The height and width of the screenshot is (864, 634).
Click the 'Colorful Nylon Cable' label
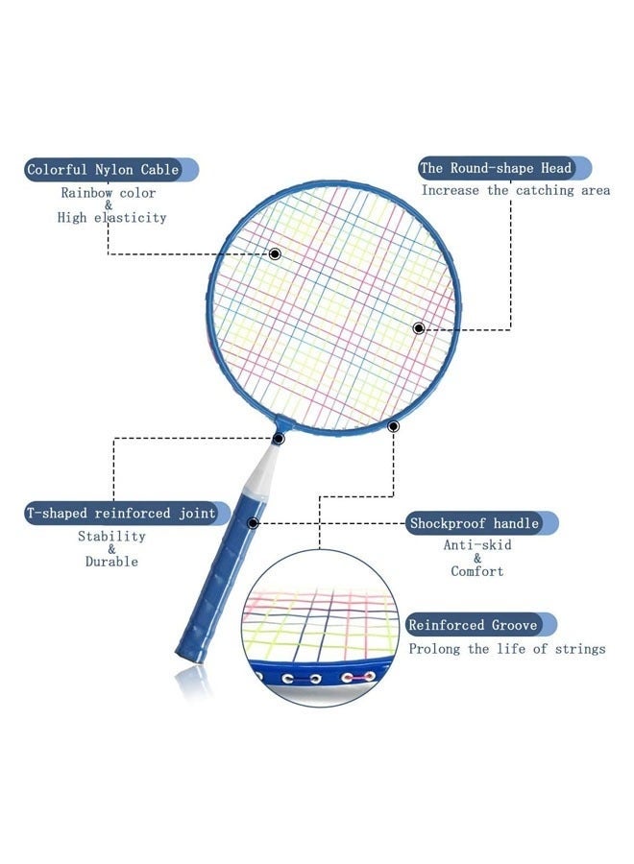(103, 169)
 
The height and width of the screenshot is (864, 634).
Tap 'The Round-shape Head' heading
(496, 167)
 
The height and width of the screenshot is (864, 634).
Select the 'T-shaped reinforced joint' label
(121, 513)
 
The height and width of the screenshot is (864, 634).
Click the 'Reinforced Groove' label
(473, 625)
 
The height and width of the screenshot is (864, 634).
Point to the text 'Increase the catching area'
(516, 190)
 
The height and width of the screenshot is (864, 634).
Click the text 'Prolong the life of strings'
(507, 649)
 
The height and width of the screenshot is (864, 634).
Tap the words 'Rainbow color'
(108, 193)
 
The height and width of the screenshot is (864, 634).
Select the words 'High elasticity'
(112, 218)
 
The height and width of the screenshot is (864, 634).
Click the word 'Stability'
(112, 536)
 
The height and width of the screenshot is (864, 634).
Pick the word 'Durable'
(111, 562)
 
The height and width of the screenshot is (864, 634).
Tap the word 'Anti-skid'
(477, 545)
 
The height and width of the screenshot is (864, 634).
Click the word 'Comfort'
(477, 571)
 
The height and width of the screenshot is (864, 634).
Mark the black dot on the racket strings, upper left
(275, 253)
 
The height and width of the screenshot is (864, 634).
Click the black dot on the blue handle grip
(253, 522)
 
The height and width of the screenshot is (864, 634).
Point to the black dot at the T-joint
(279, 439)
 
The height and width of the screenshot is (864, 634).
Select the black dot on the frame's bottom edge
(393, 426)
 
